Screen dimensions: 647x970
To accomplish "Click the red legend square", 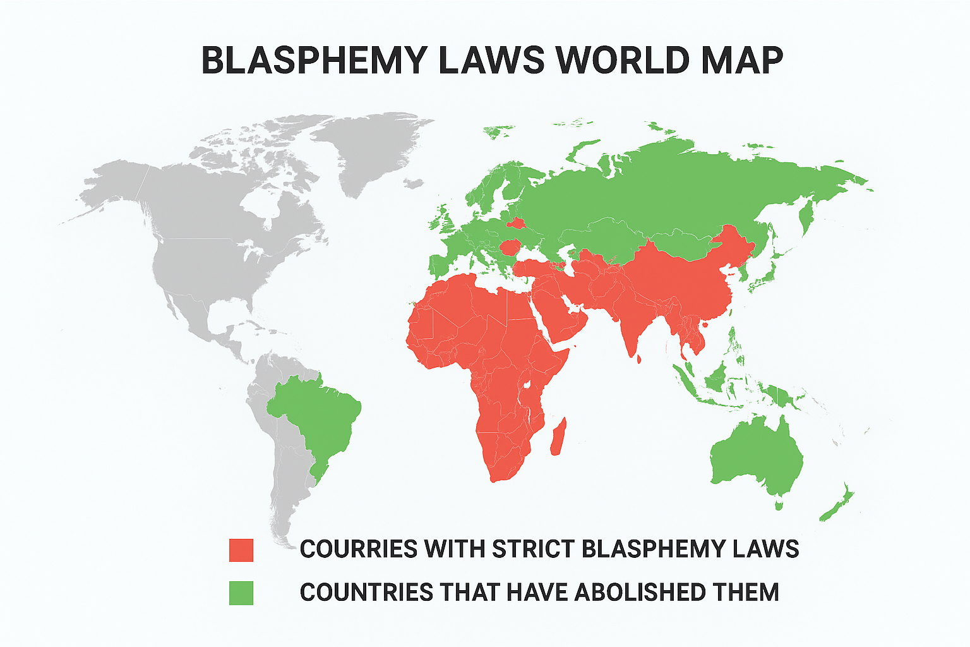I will (x=241, y=550).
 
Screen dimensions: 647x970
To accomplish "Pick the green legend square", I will (x=241, y=593).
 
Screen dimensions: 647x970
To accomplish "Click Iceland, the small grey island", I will (x=414, y=184).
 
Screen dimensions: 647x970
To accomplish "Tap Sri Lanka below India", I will (x=639, y=360).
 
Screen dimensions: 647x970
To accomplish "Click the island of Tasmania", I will (x=779, y=505).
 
